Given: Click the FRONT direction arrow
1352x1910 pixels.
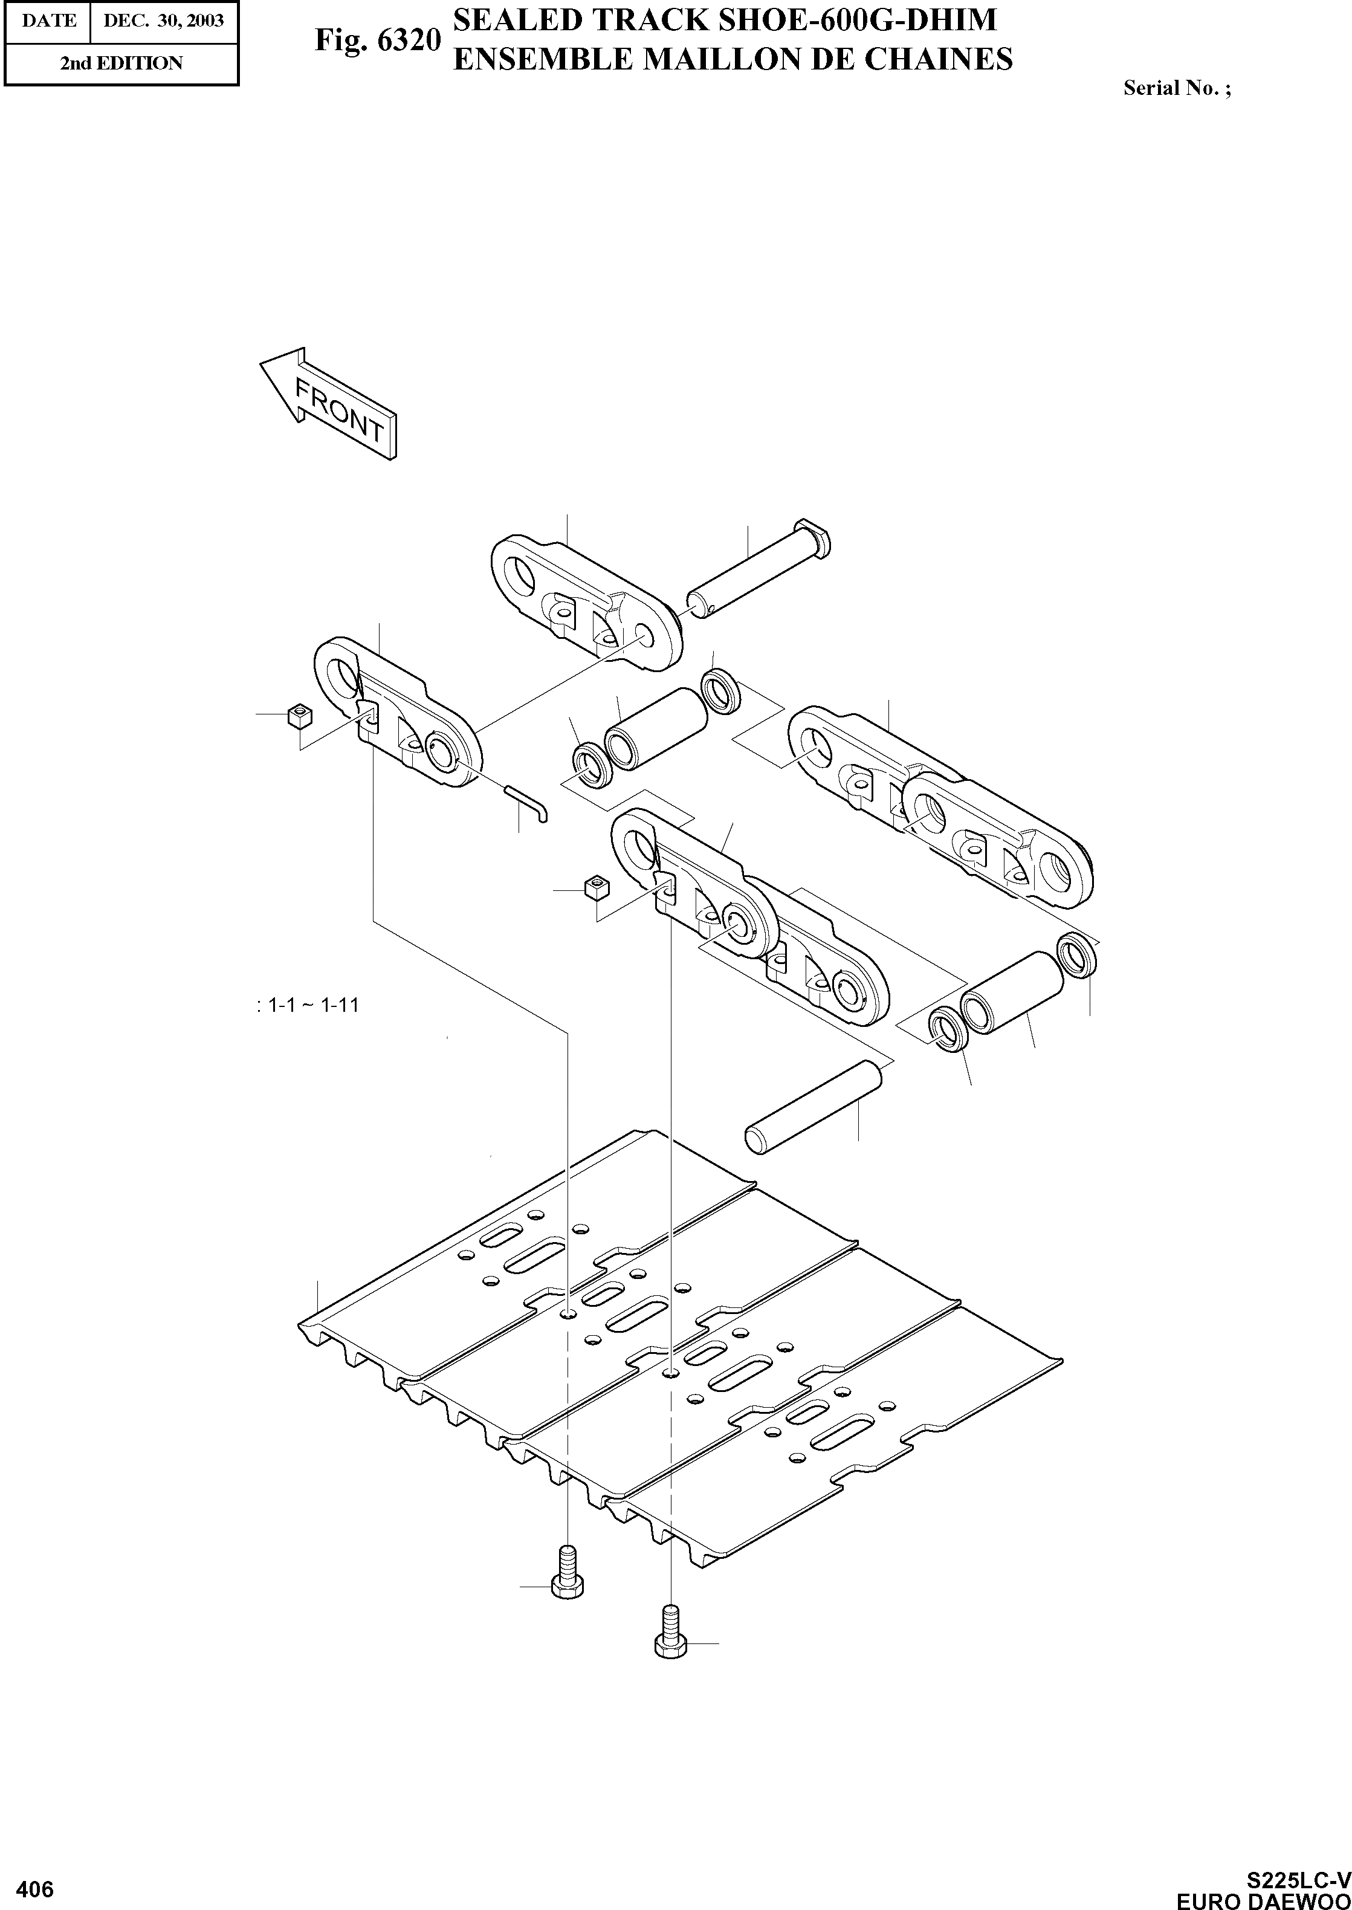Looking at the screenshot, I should pyautogui.click(x=329, y=404).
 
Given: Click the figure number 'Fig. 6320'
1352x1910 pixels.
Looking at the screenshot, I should pyautogui.click(x=377, y=40).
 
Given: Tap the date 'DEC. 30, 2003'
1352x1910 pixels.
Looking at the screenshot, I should pyautogui.click(x=164, y=20).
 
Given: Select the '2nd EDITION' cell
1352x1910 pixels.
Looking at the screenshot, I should pyautogui.click(x=121, y=63).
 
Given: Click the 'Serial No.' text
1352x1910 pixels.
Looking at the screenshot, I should pyautogui.click(x=1176, y=88).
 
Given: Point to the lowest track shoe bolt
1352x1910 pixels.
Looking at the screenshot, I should pyautogui.click(x=668, y=1632).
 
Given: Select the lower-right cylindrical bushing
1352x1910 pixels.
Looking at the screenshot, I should pyautogui.click(x=1012, y=993).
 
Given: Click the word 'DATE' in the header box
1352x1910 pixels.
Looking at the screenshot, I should pyautogui.click(x=48, y=20).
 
